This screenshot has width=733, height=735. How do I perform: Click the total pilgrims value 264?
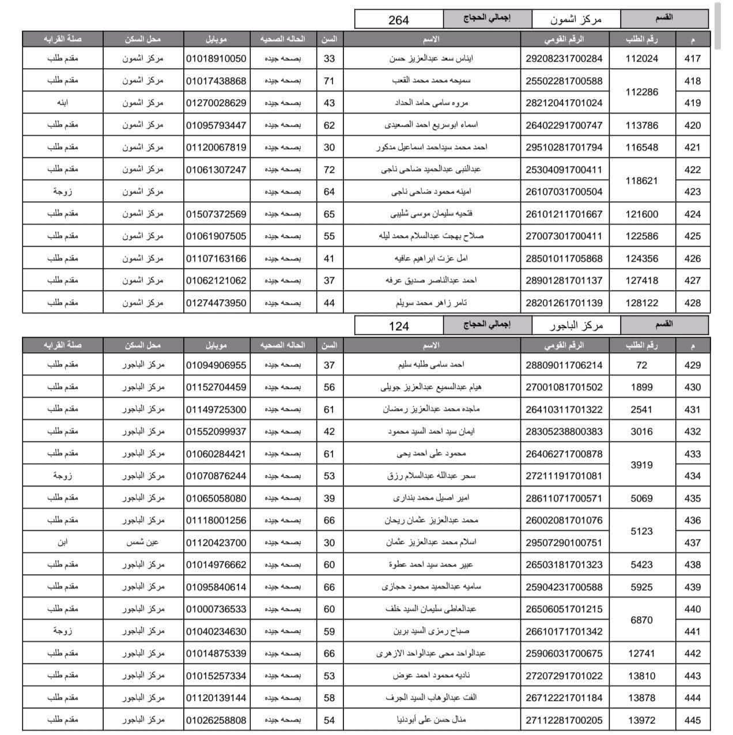[x=398, y=20]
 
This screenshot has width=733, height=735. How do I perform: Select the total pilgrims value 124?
[x=398, y=326]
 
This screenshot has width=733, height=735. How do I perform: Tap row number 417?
[x=692, y=58]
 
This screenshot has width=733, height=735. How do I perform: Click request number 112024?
[x=641, y=58]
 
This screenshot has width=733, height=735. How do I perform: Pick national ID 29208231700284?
[x=564, y=58]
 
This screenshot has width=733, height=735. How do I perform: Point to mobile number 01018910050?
[x=216, y=58]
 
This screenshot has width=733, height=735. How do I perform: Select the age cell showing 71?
[x=329, y=81]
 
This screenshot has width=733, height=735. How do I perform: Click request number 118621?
[x=641, y=180]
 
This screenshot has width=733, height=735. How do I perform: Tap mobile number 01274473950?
[x=216, y=303]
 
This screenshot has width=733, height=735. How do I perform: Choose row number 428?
[x=692, y=303]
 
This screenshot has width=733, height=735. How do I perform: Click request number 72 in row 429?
[x=641, y=365]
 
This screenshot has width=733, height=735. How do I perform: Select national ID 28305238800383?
[x=564, y=431]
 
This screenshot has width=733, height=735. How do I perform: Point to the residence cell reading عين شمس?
[x=142, y=542]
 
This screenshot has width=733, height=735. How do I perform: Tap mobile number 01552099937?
[x=216, y=431]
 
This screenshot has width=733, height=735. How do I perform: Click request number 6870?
[x=641, y=620]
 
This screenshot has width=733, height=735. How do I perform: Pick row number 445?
[x=692, y=720]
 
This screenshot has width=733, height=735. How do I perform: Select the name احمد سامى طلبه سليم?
[x=431, y=365]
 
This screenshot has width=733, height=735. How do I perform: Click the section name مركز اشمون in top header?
[x=575, y=20]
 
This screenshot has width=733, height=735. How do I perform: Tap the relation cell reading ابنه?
[x=62, y=103]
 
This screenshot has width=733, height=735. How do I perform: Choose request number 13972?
[x=641, y=720]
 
